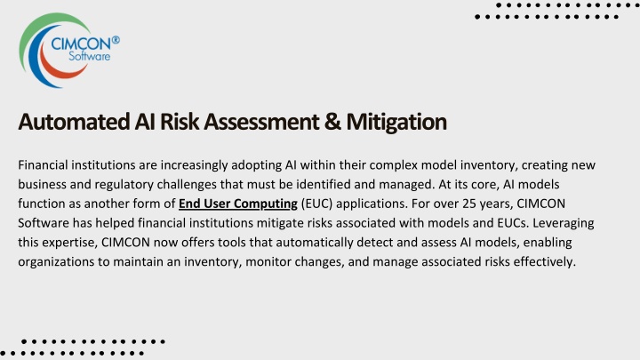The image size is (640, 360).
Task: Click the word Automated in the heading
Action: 74,122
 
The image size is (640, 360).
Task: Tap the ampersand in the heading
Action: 332,122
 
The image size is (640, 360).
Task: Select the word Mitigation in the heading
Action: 396,122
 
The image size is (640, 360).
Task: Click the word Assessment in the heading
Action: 261,122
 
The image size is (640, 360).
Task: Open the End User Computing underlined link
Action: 238,204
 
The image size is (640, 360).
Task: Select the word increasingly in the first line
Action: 194,165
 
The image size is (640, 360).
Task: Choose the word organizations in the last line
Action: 56,261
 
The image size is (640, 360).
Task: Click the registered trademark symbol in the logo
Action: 116,40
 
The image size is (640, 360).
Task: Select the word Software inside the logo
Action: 90,56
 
